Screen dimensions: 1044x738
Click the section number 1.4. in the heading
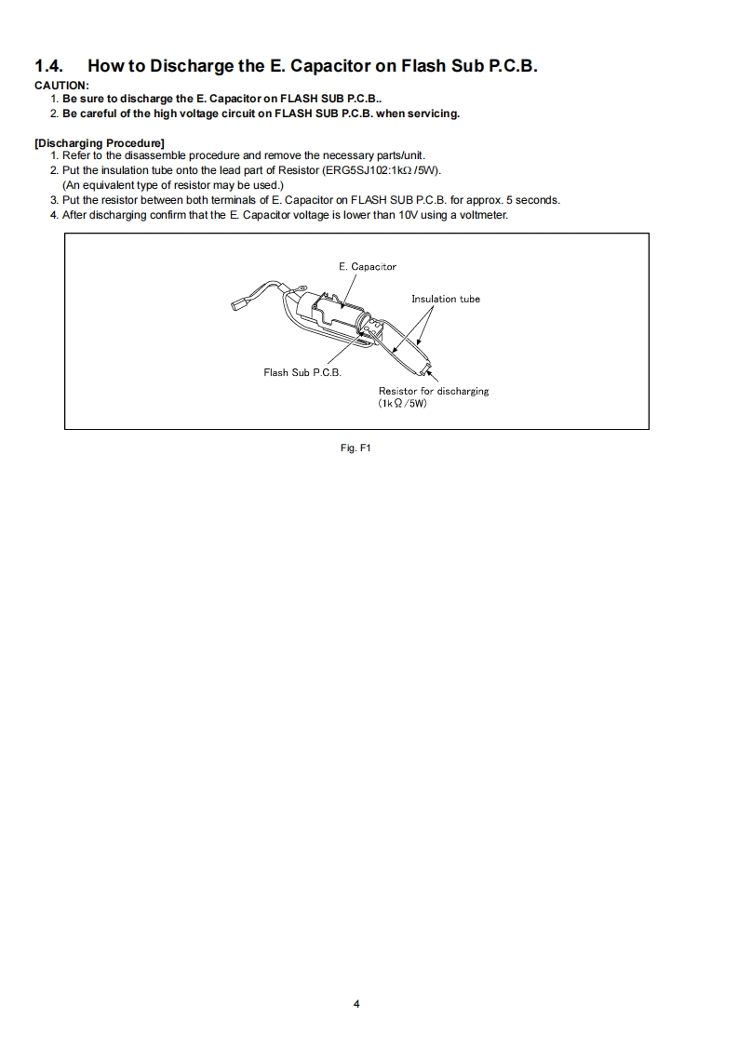click(x=49, y=66)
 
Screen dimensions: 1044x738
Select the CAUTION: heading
click(x=61, y=86)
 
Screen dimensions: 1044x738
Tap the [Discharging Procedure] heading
click(x=99, y=142)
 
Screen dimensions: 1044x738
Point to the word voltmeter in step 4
click(x=481, y=215)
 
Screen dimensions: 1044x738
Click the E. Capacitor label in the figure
click(x=367, y=267)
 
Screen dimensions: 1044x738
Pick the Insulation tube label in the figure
click(x=446, y=299)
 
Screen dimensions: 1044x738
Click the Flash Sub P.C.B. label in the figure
click(x=302, y=373)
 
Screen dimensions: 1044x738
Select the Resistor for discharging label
click(x=433, y=391)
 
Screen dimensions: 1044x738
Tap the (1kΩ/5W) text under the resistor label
click(x=402, y=404)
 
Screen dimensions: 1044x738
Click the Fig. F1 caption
click(x=356, y=448)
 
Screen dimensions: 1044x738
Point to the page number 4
click(x=356, y=1003)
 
